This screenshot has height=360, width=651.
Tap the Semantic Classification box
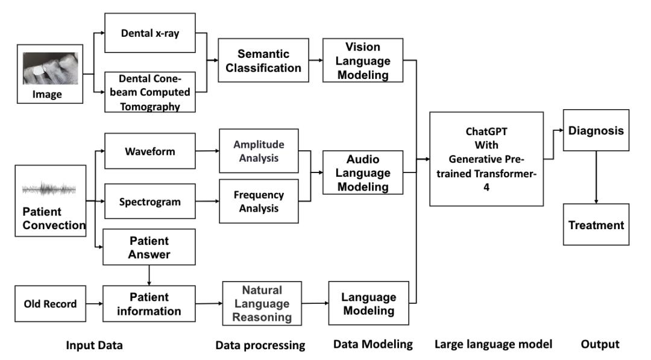pyautogui.click(x=263, y=61)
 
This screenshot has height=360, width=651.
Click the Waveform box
pyautogui.click(x=149, y=151)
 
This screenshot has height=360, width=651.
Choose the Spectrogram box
pyautogui.click(x=149, y=201)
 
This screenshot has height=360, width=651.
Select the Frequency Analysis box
pyautogui.click(x=259, y=201)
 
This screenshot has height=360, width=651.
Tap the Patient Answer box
pyautogui.click(x=149, y=247)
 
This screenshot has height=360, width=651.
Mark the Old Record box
pyautogui.click(x=51, y=303)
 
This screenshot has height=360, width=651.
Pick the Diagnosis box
pyautogui.click(x=596, y=130)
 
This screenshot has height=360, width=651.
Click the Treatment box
pyautogui.click(x=596, y=224)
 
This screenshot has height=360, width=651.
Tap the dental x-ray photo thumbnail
pyautogui.click(x=51, y=68)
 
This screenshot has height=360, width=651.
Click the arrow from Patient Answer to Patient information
pyautogui.click(x=149, y=275)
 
